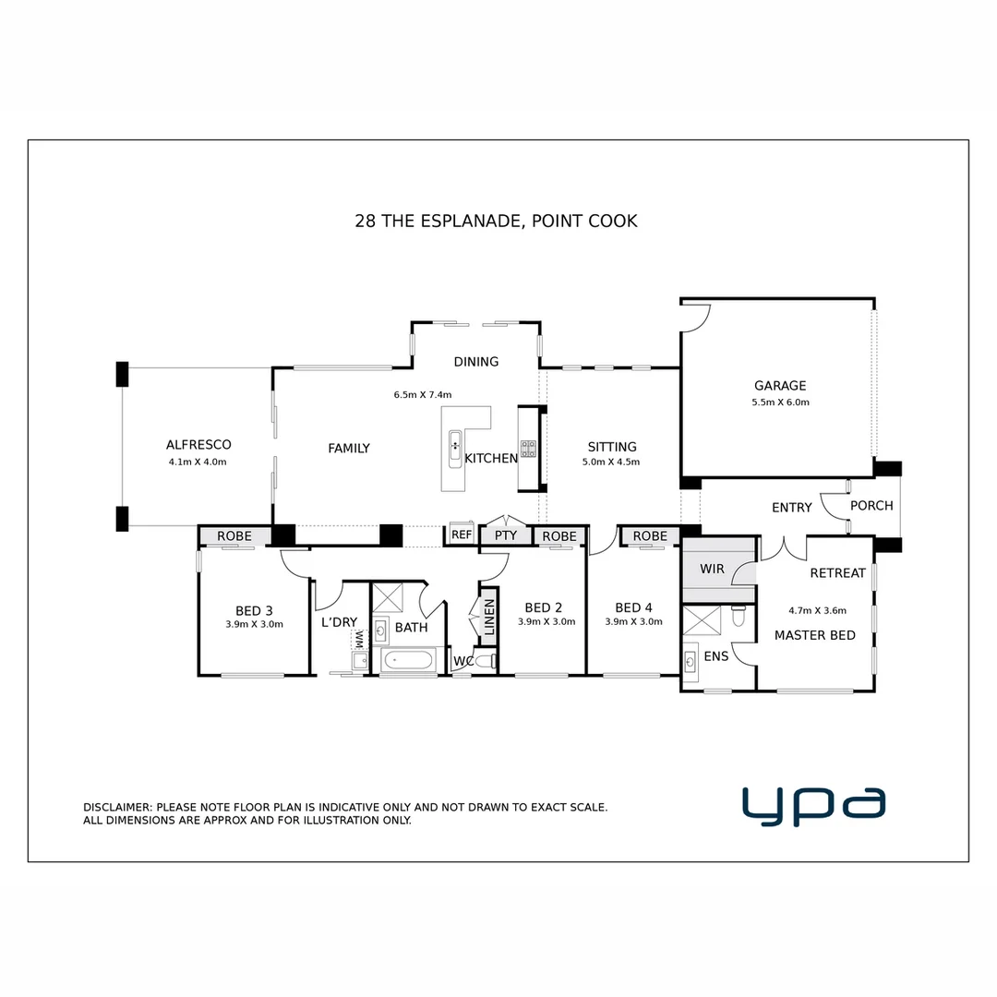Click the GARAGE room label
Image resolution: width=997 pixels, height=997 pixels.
tap(779, 386)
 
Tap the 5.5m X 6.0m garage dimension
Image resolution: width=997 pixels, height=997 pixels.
tap(780, 402)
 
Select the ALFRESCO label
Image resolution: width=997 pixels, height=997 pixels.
tap(198, 444)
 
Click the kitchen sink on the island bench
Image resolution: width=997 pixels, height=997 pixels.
tap(455, 446)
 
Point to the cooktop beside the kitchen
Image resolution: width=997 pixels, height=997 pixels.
tap(528, 449)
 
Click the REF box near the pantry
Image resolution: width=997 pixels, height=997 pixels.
tap(462, 535)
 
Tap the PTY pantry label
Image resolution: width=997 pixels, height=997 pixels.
tap(505, 535)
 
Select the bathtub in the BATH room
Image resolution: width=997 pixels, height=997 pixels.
tap(407, 661)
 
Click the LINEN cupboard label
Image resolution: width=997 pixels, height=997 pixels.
tap(489, 616)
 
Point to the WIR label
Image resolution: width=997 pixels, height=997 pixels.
tap(712, 569)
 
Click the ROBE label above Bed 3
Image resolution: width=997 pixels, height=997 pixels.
tap(234, 536)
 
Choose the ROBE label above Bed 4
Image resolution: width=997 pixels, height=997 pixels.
tap(650, 536)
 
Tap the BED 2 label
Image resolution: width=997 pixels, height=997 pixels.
tap(543, 607)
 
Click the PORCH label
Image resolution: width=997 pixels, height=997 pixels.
tap(871, 506)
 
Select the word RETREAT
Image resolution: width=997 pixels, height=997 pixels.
tap(837, 573)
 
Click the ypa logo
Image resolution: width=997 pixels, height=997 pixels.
tap(813, 805)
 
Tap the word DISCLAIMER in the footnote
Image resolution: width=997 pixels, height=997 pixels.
tap(118, 807)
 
